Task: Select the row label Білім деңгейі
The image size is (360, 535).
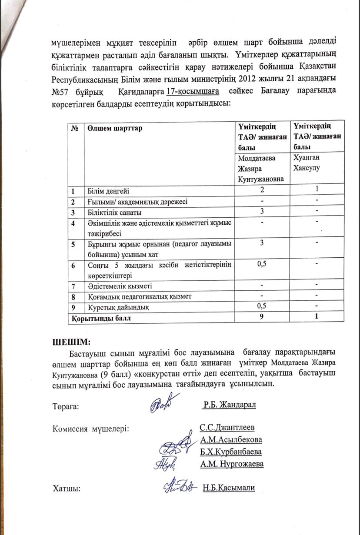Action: pyautogui.click(x=108, y=190)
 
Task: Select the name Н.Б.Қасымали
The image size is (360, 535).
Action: pyautogui.click(x=228, y=488)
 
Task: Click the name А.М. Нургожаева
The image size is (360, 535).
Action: pyautogui.click(x=232, y=464)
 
